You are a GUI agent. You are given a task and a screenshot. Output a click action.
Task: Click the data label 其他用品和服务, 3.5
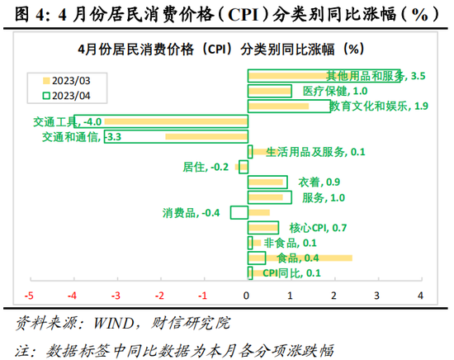click(x=364, y=76)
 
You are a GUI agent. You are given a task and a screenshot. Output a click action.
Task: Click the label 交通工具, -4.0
click(x=68, y=121)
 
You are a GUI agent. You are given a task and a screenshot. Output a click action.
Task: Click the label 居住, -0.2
click(x=205, y=167)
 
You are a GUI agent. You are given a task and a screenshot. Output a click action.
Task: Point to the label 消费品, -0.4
click(x=192, y=213)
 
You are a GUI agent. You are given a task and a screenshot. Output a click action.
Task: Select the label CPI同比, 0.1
click(x=291, y=273)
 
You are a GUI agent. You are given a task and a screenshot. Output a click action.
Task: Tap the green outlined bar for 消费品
click(x=239, y=213)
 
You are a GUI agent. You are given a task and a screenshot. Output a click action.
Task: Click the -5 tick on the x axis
click(x=30, y=295)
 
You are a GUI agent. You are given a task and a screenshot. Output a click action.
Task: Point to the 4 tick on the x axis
click(x=421, y=295)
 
